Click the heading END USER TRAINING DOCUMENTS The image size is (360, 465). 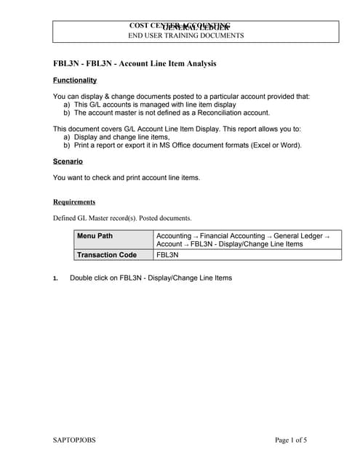[186, 35]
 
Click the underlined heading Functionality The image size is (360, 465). [75, 80]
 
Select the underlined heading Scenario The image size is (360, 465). [68, 161]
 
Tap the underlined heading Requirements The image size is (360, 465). [74, 201]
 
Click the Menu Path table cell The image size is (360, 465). [95, 236]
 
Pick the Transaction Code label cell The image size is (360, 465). [107, 255]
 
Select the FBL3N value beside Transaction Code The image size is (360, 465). [168, 255]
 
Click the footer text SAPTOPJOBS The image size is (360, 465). [75, 440]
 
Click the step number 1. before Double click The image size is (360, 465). [56, 278]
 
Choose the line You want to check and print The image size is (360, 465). [127, 177]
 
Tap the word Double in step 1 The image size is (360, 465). [82, 278]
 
